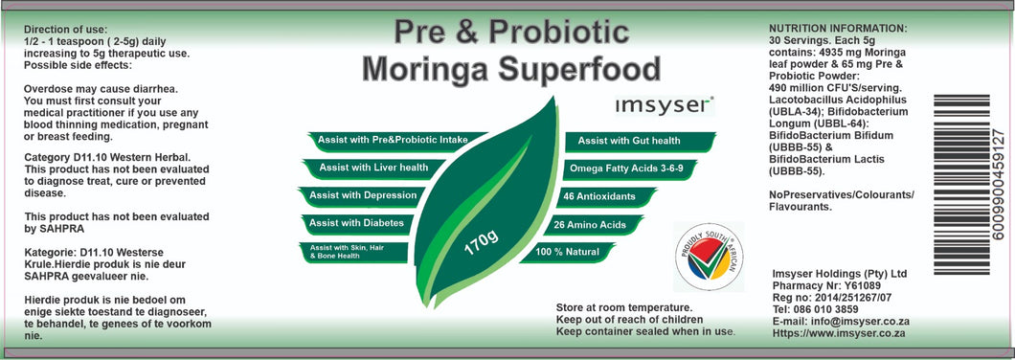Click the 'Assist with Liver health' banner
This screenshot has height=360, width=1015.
pos(373,168)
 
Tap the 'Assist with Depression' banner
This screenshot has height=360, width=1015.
pos(363,195)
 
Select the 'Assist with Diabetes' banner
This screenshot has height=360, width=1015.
pos(357,223)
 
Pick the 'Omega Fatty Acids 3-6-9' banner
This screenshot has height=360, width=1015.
pos(620,169)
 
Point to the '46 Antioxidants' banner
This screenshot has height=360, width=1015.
pos(606,197)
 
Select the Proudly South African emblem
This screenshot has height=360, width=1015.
pos(709,257)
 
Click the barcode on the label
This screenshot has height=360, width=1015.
pos(961,184)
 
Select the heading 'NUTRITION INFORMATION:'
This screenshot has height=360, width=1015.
pos(838,29)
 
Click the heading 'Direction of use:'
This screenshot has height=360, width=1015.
pos(65,30)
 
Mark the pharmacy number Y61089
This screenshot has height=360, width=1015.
pos(862,285)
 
